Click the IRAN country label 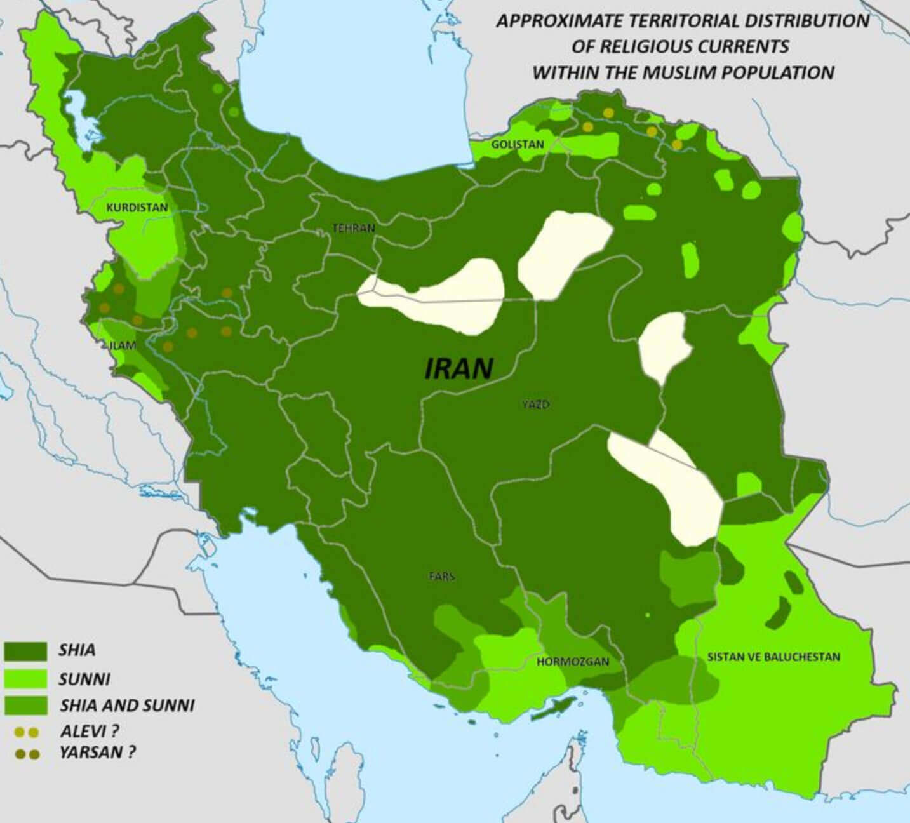coord(458,368)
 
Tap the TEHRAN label coord(354,228)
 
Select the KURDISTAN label coord(137,208)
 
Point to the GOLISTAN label coord(517,145)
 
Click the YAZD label coord(535,405)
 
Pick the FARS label coord(441,577)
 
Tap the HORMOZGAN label coord(573,661)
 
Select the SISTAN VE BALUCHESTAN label coord(773,657)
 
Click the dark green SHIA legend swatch coord(25,651)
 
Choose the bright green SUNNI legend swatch coord(25,678)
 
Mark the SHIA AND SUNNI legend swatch coord(25,706)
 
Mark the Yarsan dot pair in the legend coord(27,754)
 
